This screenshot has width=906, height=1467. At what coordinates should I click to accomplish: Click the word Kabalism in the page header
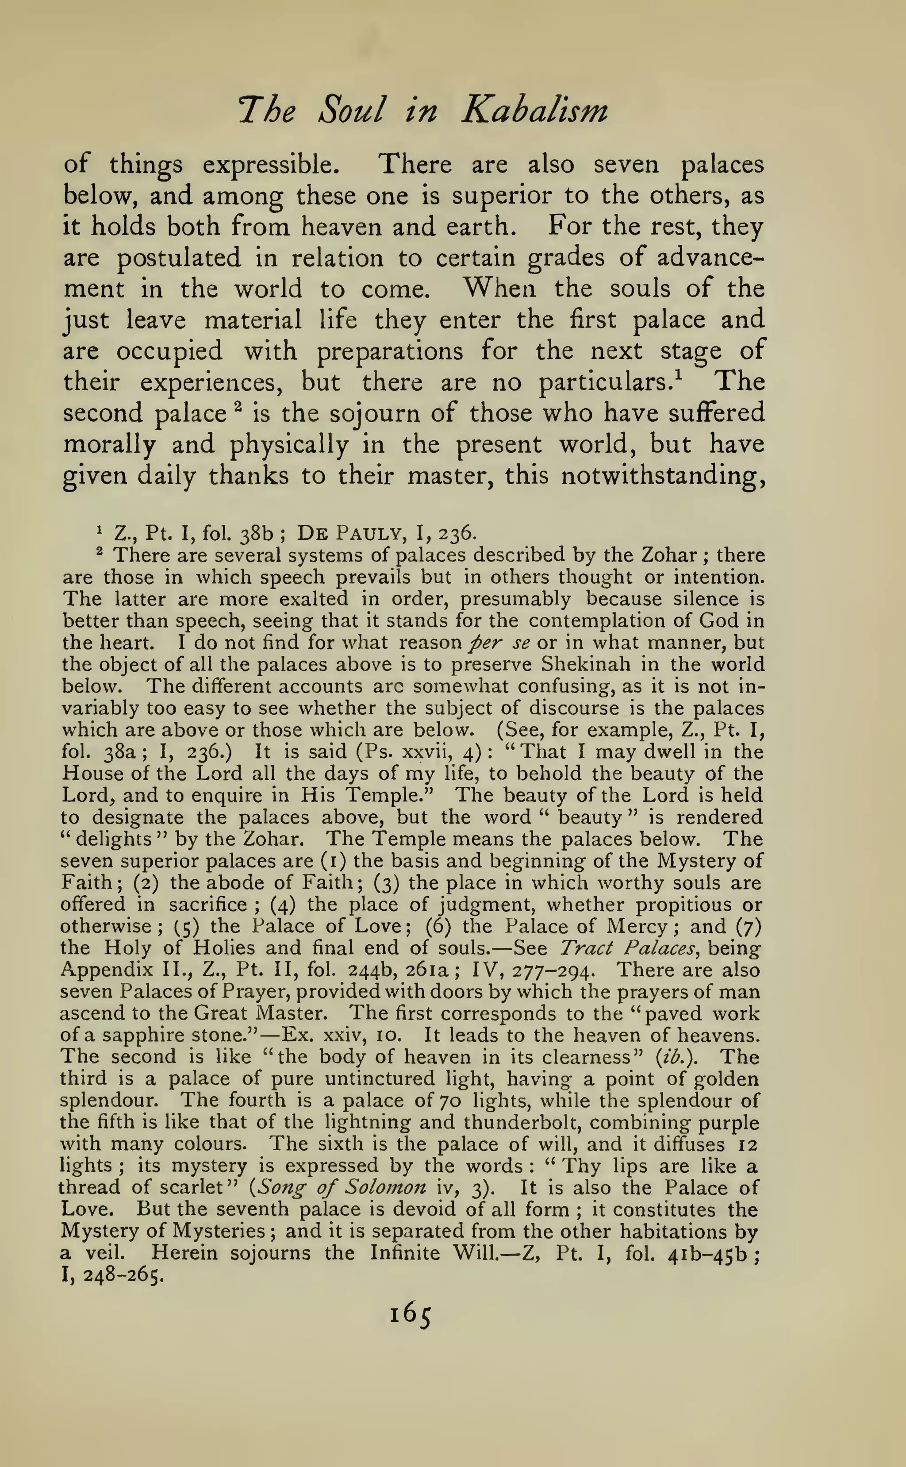tap(534, 111)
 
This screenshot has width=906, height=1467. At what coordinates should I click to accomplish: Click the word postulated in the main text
tap(178, 258)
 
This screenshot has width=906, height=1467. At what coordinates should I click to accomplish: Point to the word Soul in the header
tap(350, 111)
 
